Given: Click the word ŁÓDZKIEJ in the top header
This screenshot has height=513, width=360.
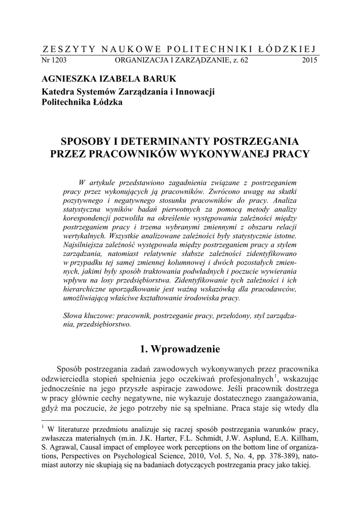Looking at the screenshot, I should coord(288,49).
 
